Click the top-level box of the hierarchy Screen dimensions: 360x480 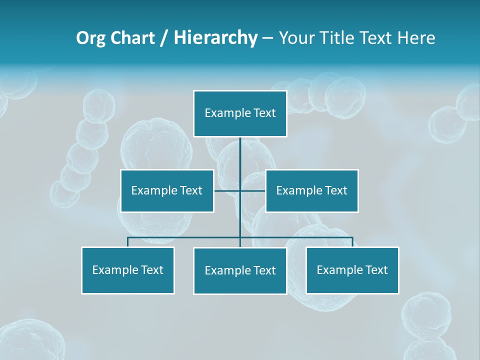tap(240, 113)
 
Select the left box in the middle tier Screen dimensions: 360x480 tap(167, 190)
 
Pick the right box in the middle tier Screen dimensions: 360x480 tap(311, 190)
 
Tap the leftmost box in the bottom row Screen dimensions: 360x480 tap(127, 270)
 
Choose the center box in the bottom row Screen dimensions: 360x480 tap(240, 270)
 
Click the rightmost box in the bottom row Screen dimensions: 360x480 tap(352, 270)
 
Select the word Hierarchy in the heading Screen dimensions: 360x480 tap(215, 38)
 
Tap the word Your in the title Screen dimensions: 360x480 tap(297, 38)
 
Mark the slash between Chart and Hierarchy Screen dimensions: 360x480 tap(164, 38)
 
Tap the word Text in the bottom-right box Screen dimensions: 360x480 tap(376, 270)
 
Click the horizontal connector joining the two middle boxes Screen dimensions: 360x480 tap(227, 190)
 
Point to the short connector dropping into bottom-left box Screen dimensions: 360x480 tap(127, 242)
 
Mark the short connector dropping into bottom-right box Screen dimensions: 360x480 tap(352, 242)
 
